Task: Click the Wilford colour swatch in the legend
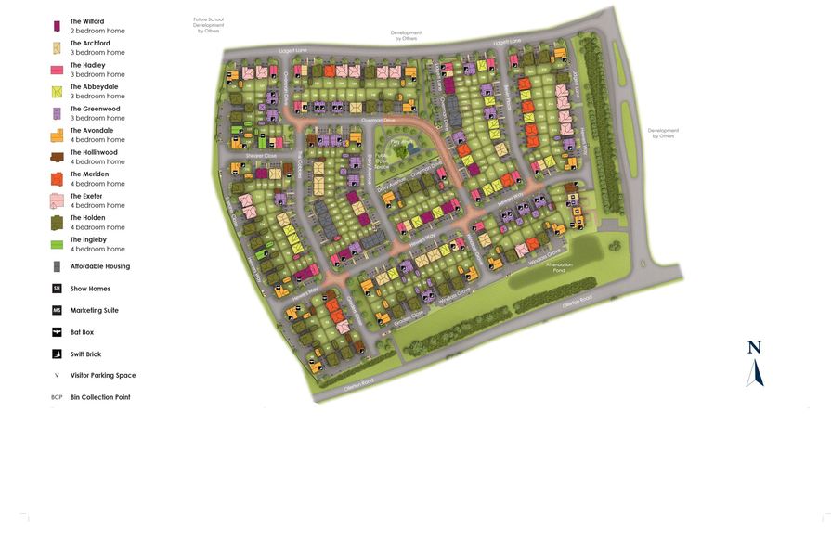[x=57, y=26]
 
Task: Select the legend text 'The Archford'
[x=90, y=43]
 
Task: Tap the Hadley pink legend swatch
[x=57, y=70]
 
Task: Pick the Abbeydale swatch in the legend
[x=57, y=91]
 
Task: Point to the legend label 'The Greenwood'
[x=95, y=109]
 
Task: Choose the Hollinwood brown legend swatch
[x=57, y=157]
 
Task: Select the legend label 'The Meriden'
[x=89, y=174]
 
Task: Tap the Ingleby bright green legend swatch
[x=57, y=244]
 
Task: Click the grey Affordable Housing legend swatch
[x=57, y=266]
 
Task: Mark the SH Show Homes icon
[x=57, y=289]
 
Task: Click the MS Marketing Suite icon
[x=57, y=310]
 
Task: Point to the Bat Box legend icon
[x=57, y=332]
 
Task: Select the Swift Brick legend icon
[x=57, y=354]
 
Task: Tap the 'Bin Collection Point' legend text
[x=100, y=397]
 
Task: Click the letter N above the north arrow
[x=754, y=348]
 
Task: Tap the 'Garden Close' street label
[x=409, y=315]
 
